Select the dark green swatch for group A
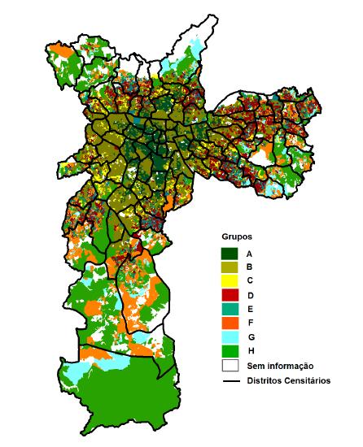coord(233,253)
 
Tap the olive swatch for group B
coord(233,267)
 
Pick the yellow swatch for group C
coord(233,280)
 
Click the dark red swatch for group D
coord(233,294)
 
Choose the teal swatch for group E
coord(233,309)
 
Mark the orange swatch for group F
coord(233,323)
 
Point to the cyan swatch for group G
coord(233,336)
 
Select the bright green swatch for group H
coord(233,351)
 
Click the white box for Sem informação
coord(233,366)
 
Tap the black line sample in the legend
coord(233,380)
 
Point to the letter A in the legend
coord(260,253)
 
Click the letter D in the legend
coord(260,294)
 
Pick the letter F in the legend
coord(260,323)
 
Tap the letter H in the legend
coord(260,351)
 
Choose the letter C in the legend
coord(260,280)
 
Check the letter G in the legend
coord(260,336)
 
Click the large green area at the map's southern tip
coord(130,398)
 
